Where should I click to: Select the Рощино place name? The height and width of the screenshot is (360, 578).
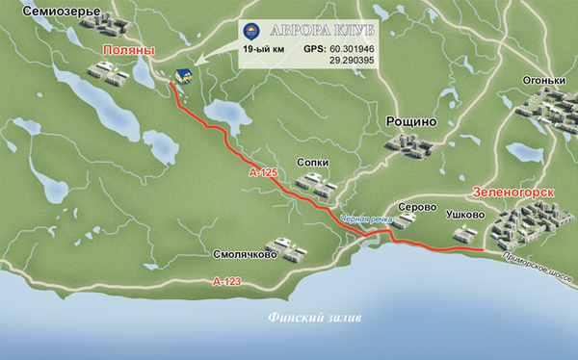point(411,121)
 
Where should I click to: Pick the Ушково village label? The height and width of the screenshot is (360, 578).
point(466,217)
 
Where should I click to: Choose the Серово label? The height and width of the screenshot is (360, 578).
point(418,207)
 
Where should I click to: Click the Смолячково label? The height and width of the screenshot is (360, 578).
point(246,256)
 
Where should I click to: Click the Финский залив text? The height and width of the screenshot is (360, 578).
point(302,318)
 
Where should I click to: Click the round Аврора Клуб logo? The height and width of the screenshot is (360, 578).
point(252,28)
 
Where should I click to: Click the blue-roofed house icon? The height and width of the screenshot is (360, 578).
point(182,75)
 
